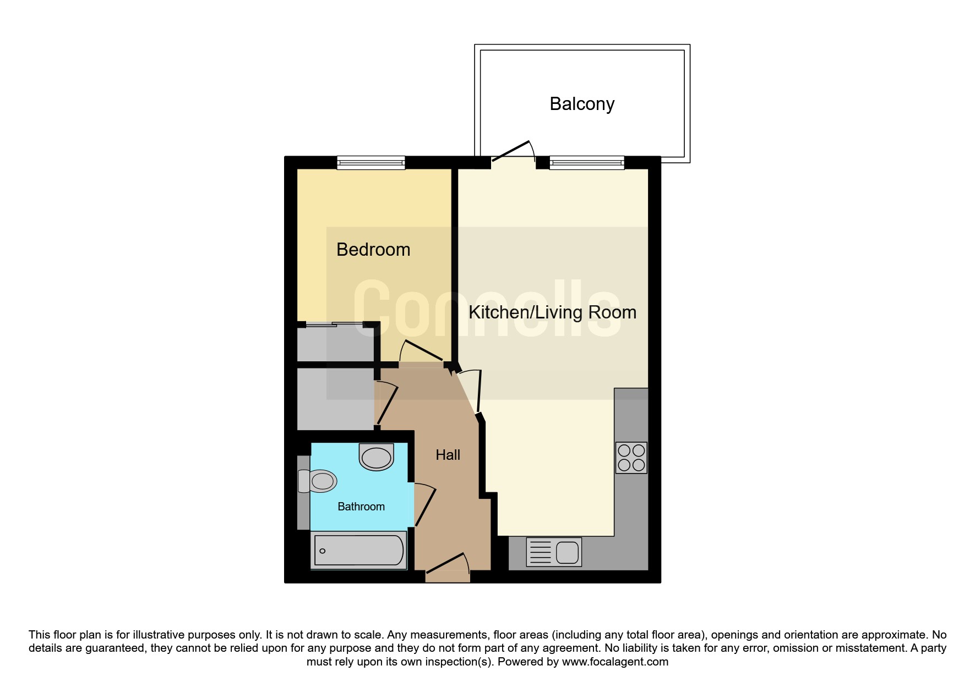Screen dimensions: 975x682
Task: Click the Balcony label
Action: click(x=582, y=104)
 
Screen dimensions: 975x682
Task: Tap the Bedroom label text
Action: click(x=373, y=250)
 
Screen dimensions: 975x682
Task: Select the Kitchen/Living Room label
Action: click(x=552, y=312)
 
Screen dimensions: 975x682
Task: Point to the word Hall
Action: click(x=448, y=455)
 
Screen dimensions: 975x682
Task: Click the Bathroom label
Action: click(x=361, y=507)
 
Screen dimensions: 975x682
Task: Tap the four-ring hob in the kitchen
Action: click(x=631, y=458)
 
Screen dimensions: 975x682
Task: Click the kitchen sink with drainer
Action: click(x=554, y=552)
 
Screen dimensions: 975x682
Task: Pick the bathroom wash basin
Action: click(x=377, y=457)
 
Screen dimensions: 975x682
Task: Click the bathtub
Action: click(x=358, y=550)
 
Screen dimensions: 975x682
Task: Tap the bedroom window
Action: click(x=371, y=162)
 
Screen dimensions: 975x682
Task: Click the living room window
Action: click(x=587, y=162)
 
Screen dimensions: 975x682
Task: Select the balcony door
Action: click(x=513, y=151)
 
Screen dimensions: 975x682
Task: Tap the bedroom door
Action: click(x=422, y=351)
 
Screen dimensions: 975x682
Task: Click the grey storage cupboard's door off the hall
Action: click(x=387, y=404)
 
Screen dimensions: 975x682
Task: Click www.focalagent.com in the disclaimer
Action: click(x=615, y=662)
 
